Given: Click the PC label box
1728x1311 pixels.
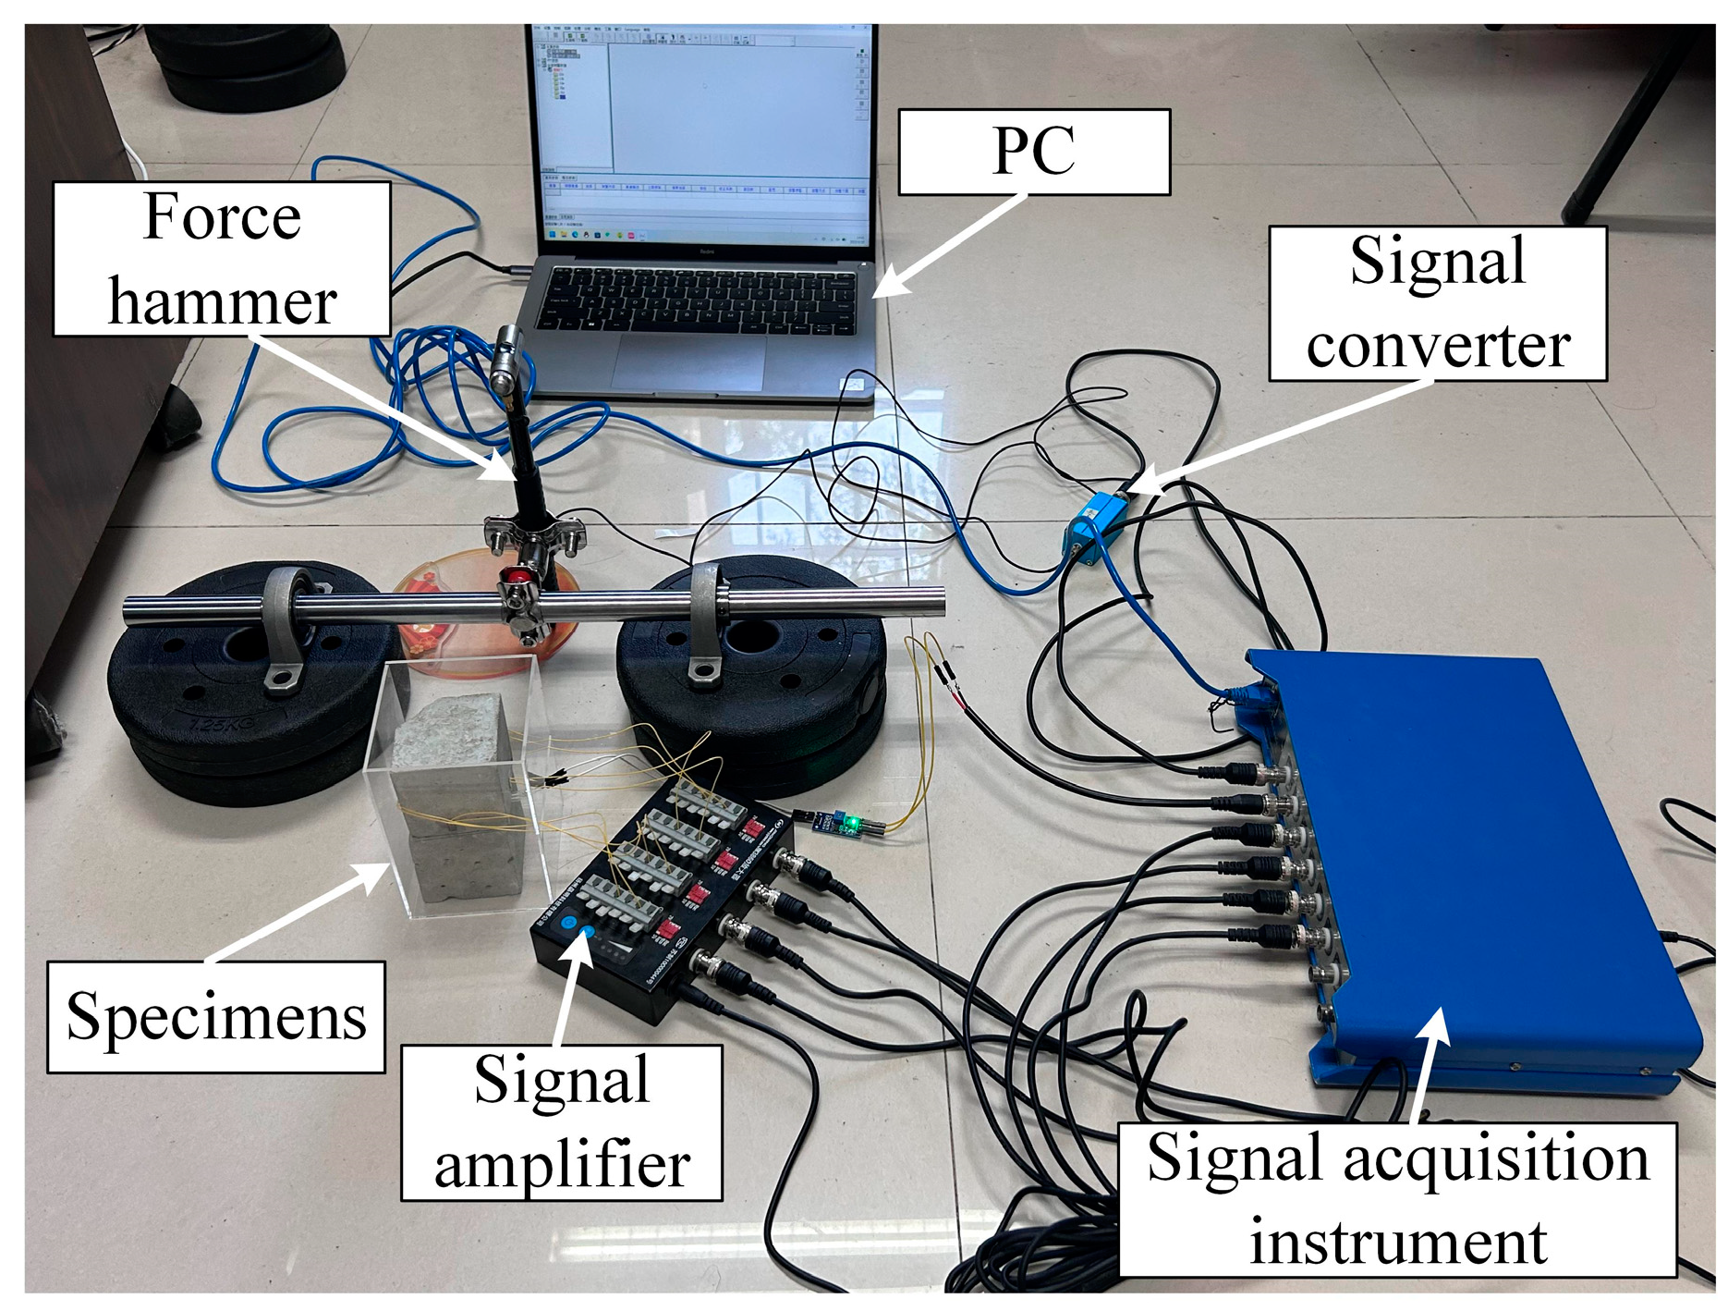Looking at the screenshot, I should tap(1033, 152).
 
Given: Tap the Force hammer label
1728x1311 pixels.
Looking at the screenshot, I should tap(222, 259).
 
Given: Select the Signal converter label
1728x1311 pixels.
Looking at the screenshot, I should tap(1437, 303).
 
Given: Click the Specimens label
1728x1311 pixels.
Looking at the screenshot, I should tap(216, 1016).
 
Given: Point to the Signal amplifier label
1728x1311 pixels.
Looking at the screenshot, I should tap(561, 1122).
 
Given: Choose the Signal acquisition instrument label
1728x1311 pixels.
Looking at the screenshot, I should tap(1397, 1199).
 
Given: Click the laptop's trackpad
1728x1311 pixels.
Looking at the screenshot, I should tap(688, 363).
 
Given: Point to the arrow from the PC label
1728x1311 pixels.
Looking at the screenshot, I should tap(952, 245).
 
